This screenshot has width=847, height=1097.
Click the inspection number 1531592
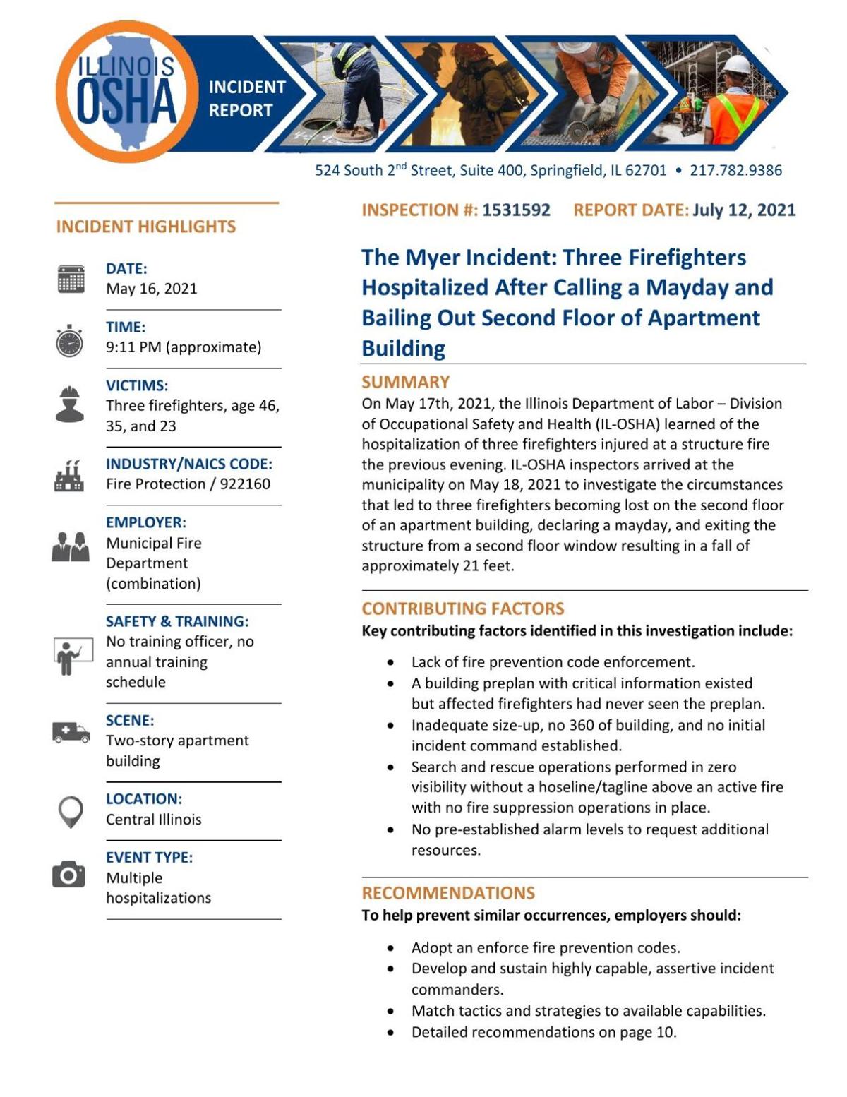tap(516, 210)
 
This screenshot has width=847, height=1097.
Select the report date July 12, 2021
tap(744, 210)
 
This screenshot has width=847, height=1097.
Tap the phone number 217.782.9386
tap(735, 170)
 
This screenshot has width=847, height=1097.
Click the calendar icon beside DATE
tap(71, 279)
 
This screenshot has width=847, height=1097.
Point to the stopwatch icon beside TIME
tap(70, 341)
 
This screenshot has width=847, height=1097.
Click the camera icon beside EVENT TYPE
tap(69, 875)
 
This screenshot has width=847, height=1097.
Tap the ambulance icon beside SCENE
tap(71, 732)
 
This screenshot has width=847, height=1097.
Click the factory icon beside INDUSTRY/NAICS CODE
tap(69, 476)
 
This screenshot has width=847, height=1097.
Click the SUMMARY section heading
tap(405, 382)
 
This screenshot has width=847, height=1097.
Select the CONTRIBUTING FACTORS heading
tap(462, 609)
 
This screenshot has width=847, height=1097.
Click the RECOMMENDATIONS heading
tap(448, 893)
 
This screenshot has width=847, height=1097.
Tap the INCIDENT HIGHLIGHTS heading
tap(146, 227)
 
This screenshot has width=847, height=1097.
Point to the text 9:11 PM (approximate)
tap(184, 347)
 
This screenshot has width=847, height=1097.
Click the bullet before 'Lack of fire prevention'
tap(390, 663)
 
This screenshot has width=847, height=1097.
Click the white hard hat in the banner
tap(737, 65)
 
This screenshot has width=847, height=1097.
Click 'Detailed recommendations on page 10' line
tap(543, 1032)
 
